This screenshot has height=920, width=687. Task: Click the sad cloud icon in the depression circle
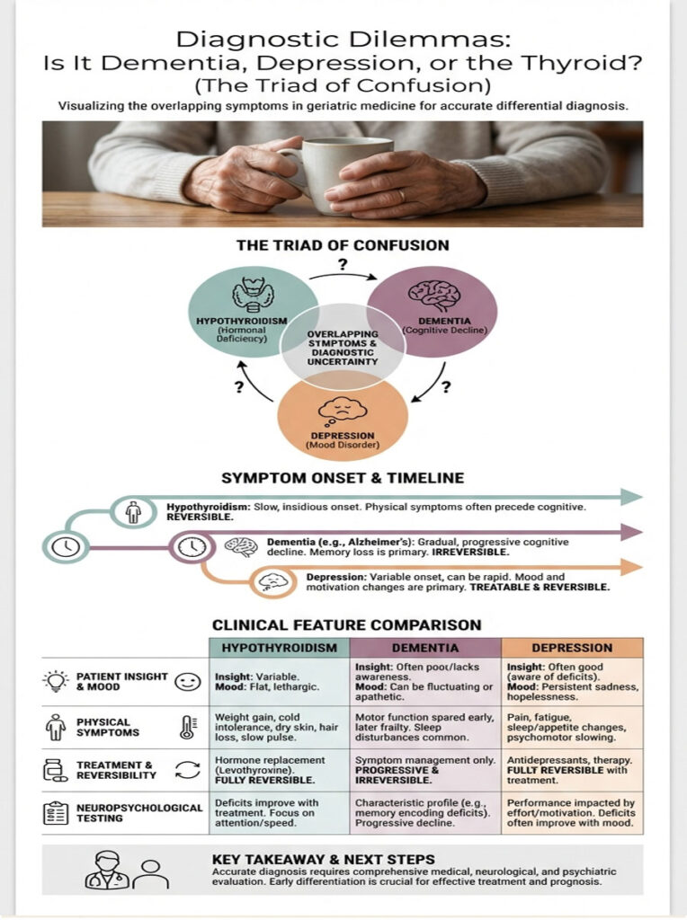pos(340,411)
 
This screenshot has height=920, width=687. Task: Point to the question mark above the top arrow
pos(342,264)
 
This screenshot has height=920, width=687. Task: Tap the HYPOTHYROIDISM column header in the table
pos(279,647)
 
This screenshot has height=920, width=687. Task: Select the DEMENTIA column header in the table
pos(424,647)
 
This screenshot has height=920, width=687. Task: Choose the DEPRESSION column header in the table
pos(572,647)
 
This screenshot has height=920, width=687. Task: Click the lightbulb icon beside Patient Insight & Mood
pos(56,681)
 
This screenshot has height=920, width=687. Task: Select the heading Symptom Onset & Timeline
pos(343,478)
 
